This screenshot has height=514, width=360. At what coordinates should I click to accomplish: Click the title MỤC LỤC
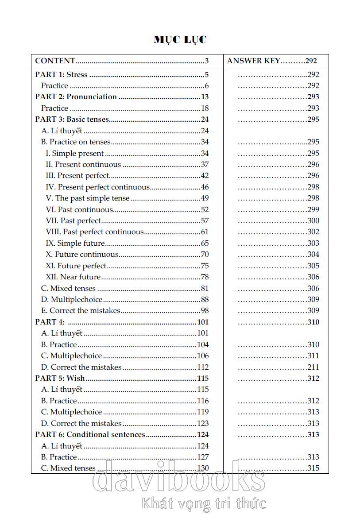(180, 40)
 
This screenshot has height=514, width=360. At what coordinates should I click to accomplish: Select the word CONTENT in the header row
(55, 61)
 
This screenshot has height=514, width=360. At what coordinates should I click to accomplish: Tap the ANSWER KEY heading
(254, 61)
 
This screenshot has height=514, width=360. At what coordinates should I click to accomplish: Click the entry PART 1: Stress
(61, 74)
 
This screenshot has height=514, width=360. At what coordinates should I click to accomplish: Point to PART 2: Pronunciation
(76, 97)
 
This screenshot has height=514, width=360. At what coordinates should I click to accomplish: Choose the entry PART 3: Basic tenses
(72, 119)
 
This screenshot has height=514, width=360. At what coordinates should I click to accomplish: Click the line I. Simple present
(75, 153)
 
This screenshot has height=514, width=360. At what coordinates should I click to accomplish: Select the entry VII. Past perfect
(74, 220)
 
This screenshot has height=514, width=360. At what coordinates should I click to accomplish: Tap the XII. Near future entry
(74, 277)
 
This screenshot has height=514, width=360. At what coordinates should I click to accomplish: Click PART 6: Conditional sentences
(91, 434)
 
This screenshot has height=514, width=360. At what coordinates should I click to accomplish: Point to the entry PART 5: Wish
(60, 378)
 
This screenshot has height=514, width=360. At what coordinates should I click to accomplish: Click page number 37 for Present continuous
(205, 164)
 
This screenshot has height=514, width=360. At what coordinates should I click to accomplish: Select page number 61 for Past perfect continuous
(205, 232)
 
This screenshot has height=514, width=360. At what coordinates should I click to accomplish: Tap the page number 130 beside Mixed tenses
(203, 468)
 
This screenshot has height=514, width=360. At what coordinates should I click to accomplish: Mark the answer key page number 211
(313, 367)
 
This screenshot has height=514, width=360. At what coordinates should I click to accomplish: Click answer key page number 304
(313, 254)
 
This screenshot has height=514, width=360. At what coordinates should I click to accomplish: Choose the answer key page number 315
(313, 468)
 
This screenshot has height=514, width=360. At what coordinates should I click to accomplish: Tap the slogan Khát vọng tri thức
(204, 503)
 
